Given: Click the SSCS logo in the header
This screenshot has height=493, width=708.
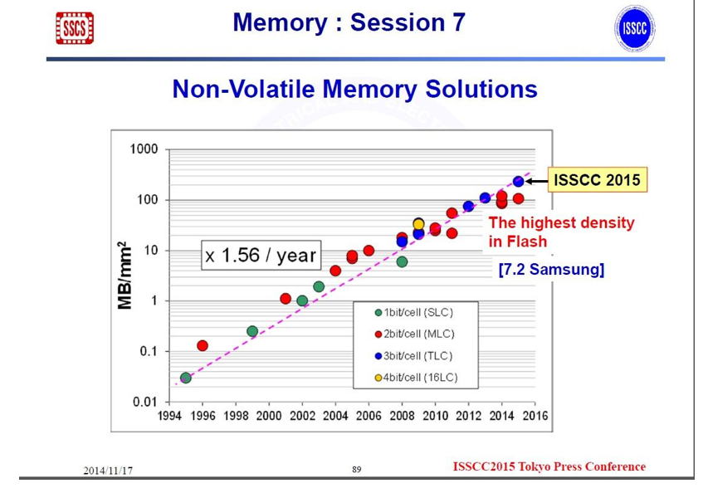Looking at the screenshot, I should [74, 27].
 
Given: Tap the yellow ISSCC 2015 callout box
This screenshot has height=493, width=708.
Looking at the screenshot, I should [597, 179].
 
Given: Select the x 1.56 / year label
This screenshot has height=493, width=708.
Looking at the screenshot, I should [260, 256].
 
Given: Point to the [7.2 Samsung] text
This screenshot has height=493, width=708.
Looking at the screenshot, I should [550, 270].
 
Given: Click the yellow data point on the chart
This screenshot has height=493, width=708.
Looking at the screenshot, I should [418, 224].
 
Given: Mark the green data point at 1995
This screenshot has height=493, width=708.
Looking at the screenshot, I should [186, 378].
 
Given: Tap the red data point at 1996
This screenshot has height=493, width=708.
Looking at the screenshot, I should [203, 345].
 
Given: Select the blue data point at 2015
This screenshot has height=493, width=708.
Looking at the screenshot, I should [518, 181].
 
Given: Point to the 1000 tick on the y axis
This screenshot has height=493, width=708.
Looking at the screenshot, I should [145, 149].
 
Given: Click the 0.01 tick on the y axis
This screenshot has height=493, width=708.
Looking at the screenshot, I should [146, 403].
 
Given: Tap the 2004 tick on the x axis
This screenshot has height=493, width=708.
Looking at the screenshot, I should [335, 416].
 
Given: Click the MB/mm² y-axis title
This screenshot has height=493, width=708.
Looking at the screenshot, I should [125, 276].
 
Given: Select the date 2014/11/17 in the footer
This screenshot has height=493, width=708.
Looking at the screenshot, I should [108, 471].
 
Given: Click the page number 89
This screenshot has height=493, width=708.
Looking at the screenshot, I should [357, 470].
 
